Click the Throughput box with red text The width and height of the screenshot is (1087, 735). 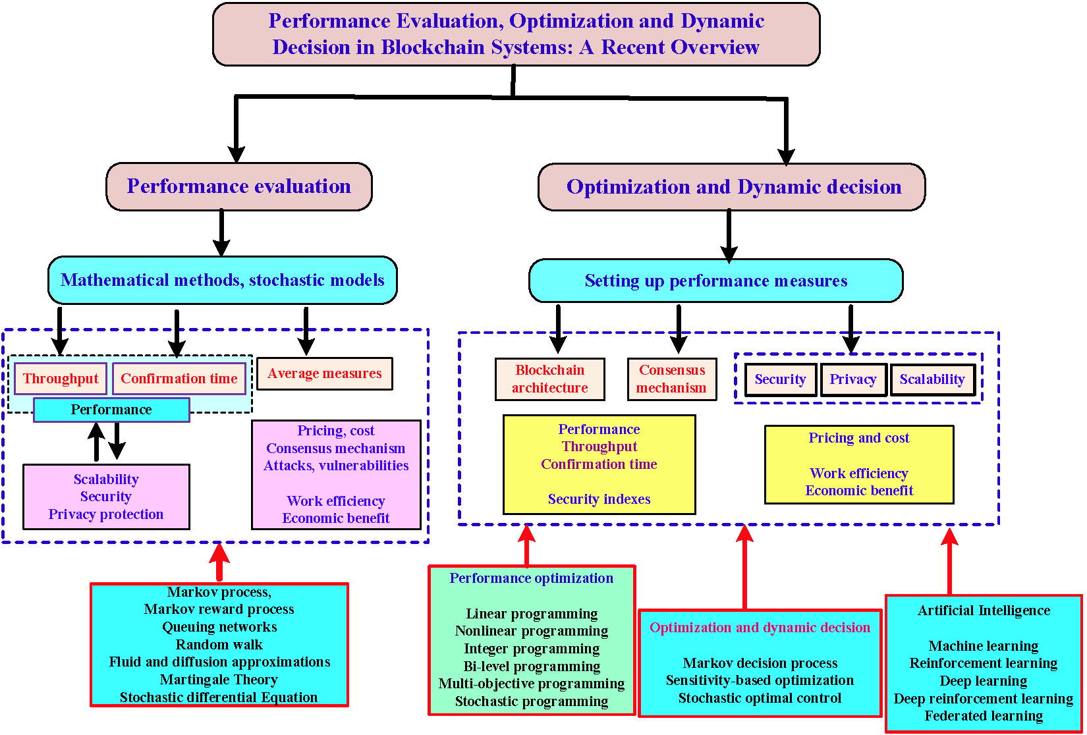click(x=61, y=379)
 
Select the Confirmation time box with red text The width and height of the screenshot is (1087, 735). click(x=179, y=379)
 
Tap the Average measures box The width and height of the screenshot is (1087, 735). click(x=324, y=373)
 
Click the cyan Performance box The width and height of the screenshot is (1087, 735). click(x=111, y=410)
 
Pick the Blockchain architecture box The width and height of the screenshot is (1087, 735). click(x=549, y=379)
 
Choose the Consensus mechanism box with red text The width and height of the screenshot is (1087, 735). click(x=671, y=379)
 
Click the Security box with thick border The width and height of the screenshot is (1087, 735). click(x=781, y=379)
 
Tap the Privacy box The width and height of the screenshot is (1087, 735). click(x=853, y=379)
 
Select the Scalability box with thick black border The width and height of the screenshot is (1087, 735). click(x=932, y=379)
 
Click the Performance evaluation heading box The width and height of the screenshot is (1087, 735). click(x=239, y=186)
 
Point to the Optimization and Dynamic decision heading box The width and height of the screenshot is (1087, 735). click(x=732, y=187)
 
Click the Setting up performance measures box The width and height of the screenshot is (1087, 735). click(x=716, y=281)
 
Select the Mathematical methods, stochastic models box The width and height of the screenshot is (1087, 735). click(x=223, y=281)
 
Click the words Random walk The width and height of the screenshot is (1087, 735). click(x=219, y=645)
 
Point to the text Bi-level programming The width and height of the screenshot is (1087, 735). click(x=532, y=667)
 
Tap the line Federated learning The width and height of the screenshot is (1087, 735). click(x=984, y=716)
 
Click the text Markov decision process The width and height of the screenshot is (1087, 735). click(x=760, y=663)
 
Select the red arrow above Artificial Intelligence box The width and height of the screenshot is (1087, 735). click(x=949, y=560)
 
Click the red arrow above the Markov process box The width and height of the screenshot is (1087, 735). click(x=219, y=561)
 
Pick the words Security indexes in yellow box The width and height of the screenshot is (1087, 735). click(x=599, y=499)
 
